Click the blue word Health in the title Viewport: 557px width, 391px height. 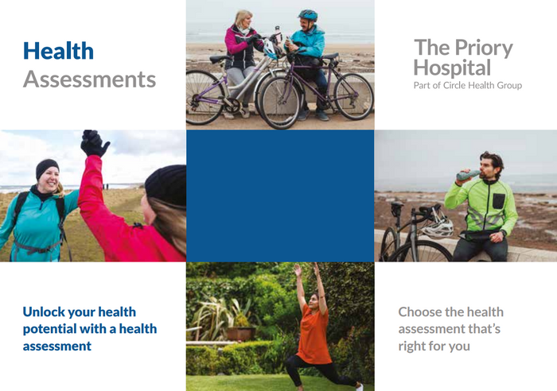tap(58, 51)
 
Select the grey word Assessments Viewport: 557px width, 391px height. tap(89, 79)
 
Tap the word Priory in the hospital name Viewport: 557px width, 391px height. tap(484, 48)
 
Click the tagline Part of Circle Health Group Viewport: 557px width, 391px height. tap(468, 85)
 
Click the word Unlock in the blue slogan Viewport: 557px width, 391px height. tap(44, 312)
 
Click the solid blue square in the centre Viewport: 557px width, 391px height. tap(280, 195)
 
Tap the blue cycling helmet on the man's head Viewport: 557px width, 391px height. tap(308, 15)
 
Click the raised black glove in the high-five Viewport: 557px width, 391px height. tap(94, 143)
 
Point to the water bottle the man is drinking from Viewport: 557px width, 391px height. tap(468, 175)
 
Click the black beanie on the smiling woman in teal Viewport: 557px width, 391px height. tap(47, 168)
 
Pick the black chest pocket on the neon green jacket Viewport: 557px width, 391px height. tap(498, 201)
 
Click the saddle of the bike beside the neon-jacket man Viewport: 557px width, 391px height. tap(397, 206)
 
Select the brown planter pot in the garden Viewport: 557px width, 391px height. tap(241, 334)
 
